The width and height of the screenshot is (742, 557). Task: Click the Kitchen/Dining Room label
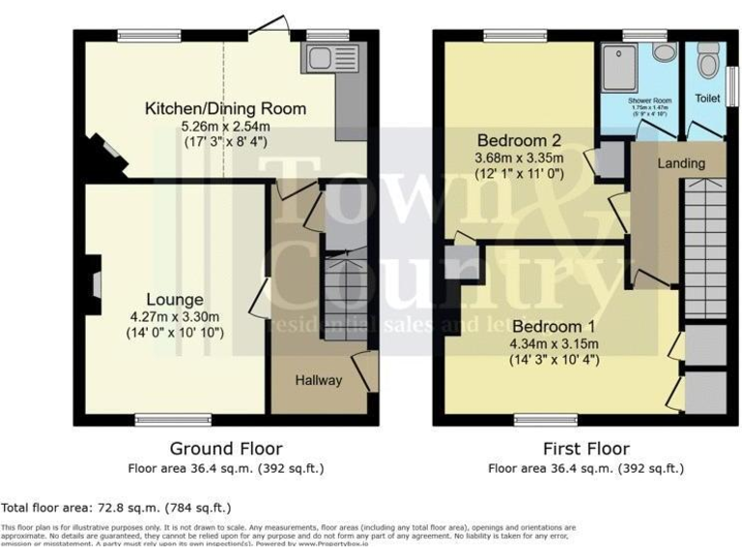click(x=225, y=108)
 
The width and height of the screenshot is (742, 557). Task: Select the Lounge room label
click(x=175, y=300)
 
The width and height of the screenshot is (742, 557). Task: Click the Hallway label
click(x=318, y=380)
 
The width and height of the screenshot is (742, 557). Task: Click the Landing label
click(x=681, y=163)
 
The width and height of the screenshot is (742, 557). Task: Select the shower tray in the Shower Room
click(x=615, y=65)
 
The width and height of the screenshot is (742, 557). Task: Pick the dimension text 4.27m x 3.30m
click(x=175, y=316)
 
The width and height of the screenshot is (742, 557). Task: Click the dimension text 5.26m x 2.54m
click(x=225, y=125)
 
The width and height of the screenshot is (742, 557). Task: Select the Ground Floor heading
click(x=226, y=449)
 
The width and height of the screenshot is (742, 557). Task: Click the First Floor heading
click(x=585, y=449)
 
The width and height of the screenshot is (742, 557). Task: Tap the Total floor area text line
click(x=116, y=507)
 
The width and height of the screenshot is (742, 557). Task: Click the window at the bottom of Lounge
click(x=160, y=420)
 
